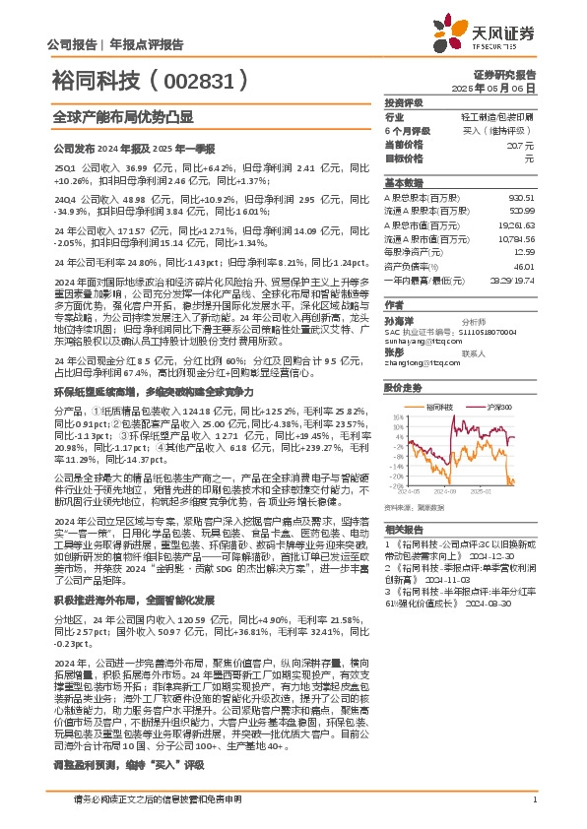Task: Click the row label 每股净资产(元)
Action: (x=416, y=252)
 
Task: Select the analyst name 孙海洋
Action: (x=399, y=320)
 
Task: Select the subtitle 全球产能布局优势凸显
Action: (x=107, y=115)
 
